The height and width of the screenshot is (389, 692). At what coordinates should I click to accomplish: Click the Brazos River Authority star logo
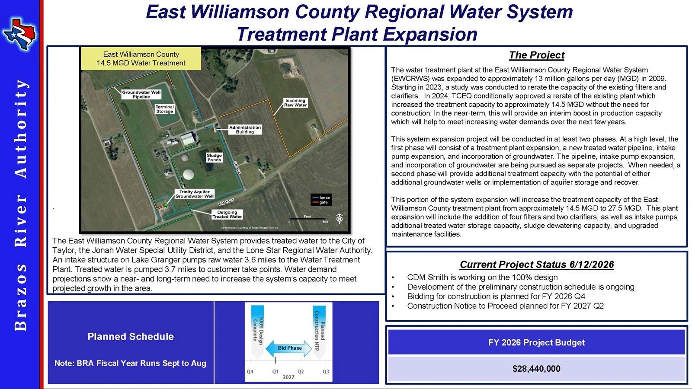[19, 34]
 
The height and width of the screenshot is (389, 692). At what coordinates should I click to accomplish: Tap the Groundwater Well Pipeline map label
[141, 95]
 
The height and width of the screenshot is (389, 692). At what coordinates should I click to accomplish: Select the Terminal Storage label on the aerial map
[165, 109]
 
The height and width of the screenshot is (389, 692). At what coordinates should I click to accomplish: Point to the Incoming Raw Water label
[295, 103]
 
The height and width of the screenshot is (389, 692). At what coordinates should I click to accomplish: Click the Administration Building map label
[245, 130]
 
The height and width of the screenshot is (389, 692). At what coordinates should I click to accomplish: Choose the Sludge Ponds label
[214, 157]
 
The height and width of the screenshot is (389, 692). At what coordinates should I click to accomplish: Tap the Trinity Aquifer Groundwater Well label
[194, 194]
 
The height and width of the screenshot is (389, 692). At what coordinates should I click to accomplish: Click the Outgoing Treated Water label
[227, 214]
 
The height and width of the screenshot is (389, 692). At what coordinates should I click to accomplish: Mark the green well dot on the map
[166, 205]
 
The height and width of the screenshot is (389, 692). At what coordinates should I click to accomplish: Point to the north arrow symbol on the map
[339, 218]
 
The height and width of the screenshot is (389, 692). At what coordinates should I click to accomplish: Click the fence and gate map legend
[321, 200]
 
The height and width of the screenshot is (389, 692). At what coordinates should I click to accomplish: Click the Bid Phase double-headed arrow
[289, 348]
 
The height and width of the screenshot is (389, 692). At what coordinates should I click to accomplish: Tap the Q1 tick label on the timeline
[275, 372]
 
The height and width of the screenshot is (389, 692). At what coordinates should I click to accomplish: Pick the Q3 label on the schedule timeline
[326, 372]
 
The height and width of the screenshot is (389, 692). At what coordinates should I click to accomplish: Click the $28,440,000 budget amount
[536, 369]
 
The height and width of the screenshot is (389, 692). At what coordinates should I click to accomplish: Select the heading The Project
[537, 55]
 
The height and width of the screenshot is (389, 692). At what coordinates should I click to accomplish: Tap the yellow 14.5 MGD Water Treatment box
[141, 59]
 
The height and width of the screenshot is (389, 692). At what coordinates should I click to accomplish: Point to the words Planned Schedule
[131, 337]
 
